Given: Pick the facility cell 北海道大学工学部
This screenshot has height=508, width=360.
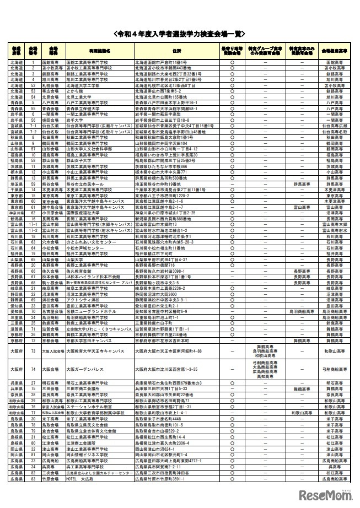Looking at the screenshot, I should (x=83, y=85).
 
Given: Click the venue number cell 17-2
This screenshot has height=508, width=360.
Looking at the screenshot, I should (x=33, y=229).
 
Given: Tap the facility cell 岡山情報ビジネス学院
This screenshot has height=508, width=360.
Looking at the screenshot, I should (x=88, y=455).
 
